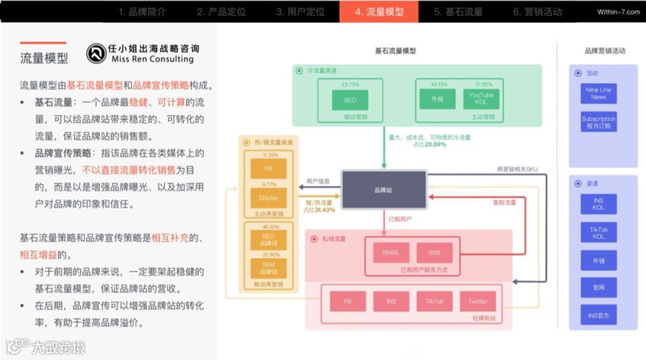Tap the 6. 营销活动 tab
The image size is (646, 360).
tap(537, 12)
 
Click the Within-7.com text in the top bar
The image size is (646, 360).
tap(611, 12)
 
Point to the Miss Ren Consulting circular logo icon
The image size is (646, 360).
tap(97, 53)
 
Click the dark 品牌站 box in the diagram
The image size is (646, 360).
tap(382, 190)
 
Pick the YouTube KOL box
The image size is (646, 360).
tap(481, 100)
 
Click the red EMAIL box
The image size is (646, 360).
tap(391, 252)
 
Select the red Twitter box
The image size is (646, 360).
tap(477, 301)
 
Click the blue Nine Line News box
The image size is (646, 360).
tap(598, 94)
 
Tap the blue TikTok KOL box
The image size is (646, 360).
tap(598, 232)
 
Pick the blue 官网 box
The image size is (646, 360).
tap(598, 287)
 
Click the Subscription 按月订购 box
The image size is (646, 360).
tap(598, 123)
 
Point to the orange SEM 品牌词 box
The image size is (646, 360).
tap(262, 267)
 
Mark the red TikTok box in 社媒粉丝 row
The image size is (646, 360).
tap(434, 301)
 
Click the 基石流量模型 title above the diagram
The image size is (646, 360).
tap(395, 51)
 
